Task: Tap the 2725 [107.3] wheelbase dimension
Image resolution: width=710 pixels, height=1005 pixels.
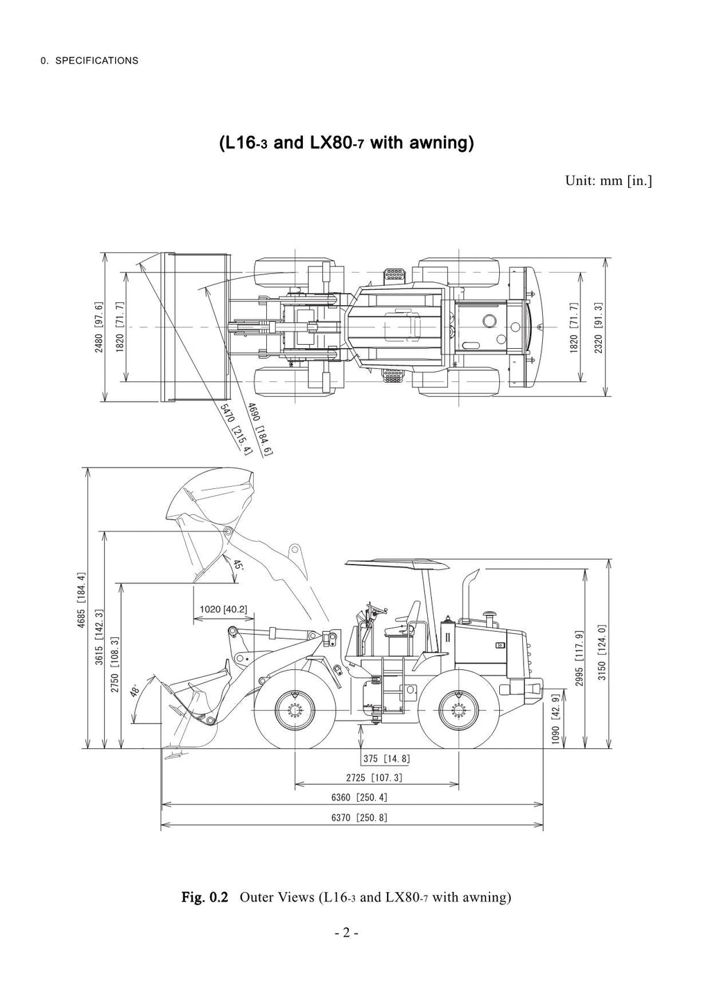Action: click(x=374, y=778)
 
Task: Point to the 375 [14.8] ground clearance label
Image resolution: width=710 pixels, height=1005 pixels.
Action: click(x=386, y=759)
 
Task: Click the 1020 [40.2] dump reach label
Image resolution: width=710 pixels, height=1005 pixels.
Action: click(x=223, y=610)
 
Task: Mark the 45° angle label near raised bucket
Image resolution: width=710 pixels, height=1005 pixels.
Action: click(x=238, y=564)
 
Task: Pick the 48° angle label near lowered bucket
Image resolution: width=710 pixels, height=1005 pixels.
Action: click(x=136, y=690)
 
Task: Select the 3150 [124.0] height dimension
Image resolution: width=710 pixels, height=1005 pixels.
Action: click(x=602, y=652)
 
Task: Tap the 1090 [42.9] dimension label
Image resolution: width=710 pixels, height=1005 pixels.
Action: click(x=555, y=719)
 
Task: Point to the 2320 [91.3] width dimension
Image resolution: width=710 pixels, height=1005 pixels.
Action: click(x=598, y=327)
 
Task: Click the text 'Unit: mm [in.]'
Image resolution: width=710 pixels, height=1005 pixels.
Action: click(x=609, y=181)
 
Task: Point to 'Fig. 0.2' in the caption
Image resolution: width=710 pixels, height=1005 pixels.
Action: click(x=205, y=897)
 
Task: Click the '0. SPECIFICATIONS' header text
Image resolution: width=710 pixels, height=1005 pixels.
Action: click(x=89, y=60)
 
